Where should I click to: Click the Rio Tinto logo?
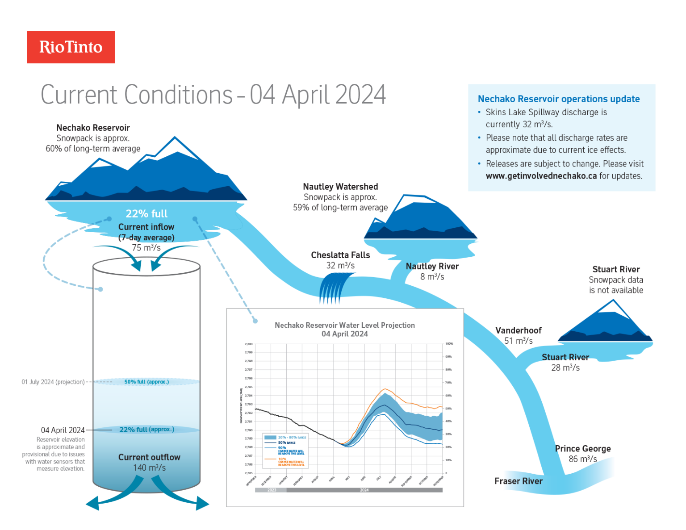[71, 47]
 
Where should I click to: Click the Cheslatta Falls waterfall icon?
[335, 289]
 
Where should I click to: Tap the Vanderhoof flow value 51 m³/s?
[518, 341]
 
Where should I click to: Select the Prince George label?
[582, 449]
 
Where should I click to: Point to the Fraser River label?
[518, 481]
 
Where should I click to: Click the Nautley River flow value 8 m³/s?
[432, 277]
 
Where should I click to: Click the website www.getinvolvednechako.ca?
[541, 176]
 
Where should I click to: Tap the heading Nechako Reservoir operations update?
[558, 99]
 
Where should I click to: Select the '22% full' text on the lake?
[146, 214]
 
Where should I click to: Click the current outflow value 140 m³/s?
[149, 468]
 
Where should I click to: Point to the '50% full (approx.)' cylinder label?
[146, 382]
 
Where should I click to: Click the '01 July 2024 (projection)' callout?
[53, 382]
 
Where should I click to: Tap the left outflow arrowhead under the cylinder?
[92, 503]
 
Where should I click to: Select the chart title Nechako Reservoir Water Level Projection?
[344, 326]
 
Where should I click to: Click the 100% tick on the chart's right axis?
[449, 344]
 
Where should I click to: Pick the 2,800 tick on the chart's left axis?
[249, 344]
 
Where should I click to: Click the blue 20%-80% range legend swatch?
[270, 438]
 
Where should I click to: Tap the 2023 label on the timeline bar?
[272, 490]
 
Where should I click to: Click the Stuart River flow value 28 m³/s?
[565, 368]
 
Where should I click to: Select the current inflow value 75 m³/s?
[146, 248]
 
